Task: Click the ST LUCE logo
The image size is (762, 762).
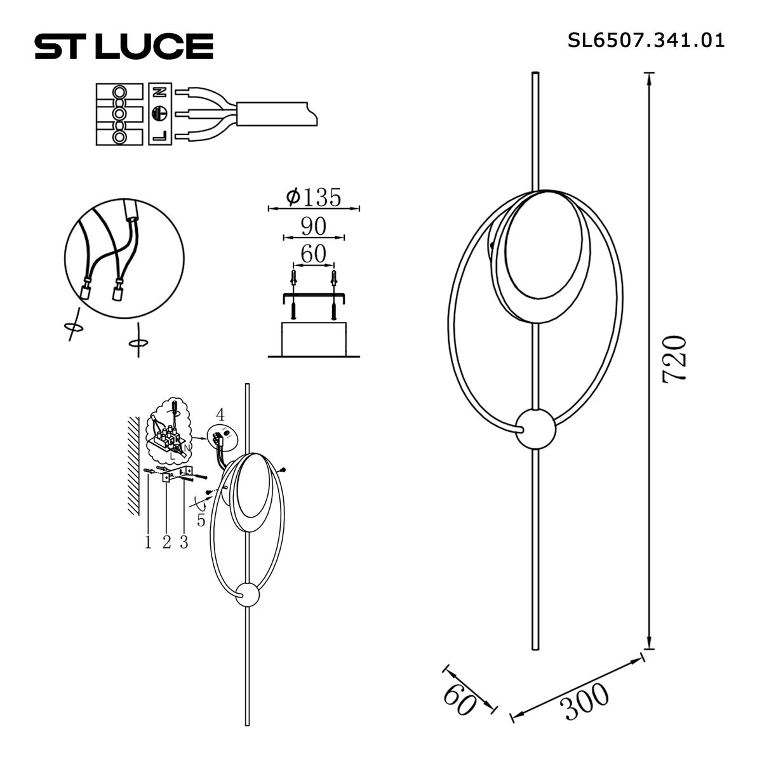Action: (123, 46)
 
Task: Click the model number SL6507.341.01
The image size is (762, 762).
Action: (645, 41)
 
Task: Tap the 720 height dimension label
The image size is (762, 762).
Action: (675, 358)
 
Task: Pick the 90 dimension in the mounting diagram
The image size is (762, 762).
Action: (314, 226)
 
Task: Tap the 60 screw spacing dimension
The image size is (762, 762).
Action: (312, 254)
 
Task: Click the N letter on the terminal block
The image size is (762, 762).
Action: (159, 93)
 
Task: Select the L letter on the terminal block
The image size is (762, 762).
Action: (159, 135)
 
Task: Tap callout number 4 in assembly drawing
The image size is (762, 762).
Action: (220, 415)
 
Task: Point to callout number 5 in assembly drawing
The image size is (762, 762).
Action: (201, 520)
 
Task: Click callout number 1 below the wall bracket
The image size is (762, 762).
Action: (148, 542)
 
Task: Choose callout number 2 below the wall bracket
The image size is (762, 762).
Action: (166, 542)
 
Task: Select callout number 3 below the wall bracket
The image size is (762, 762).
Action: (184, 542)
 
